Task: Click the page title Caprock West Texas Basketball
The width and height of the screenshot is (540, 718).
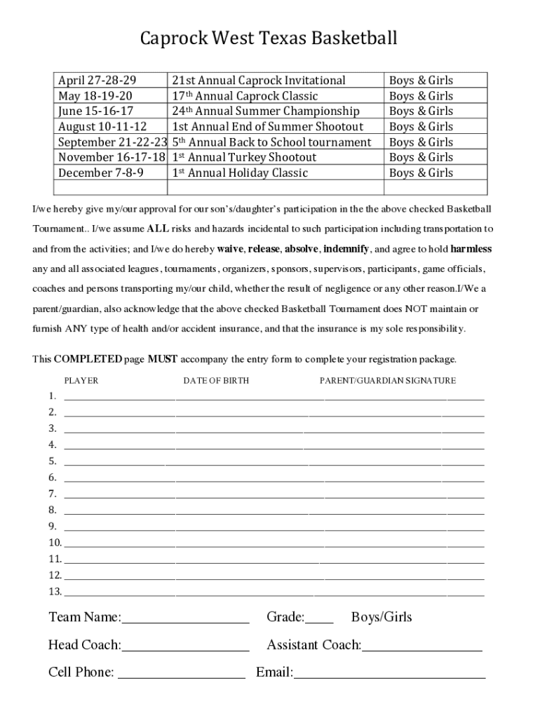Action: pyautogui.click(x=269, y=38)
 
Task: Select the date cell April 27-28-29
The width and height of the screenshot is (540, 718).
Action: pyautogui.click(x=97, y=81)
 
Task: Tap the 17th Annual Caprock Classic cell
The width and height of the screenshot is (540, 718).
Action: pyautogui.click(x=245, y=96)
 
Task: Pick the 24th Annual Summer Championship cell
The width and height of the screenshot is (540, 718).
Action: pyautogui.click(x=266, y=111)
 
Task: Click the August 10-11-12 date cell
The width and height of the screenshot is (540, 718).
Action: pyautogui.click(x=102, y=127)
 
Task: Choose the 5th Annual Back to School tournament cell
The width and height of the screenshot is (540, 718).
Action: pyautogui.click(x=271, y=142)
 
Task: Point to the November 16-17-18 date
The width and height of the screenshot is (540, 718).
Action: pyautogui.click(x=112, y=158)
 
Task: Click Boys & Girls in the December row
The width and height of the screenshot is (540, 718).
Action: pyautogui.click(x=421, y=173)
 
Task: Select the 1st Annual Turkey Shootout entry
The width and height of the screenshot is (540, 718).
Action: pyautogui.click(x=244, y=158)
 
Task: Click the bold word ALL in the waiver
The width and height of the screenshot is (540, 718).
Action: pyautogui.click(x=158, y=229)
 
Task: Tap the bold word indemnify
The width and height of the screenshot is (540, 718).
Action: pyautogui.click(x=346, y=249)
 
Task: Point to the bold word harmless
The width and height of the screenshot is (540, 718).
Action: pyautogui.click(x=471, y=249)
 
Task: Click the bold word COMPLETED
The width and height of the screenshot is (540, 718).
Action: pyautogui.click(x=88, y=360)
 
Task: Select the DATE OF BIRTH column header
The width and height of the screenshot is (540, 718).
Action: pyautogui.click(x=216, y=381)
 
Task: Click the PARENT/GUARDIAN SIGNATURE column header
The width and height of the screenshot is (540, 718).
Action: pyautogui.click(x=388, y=381)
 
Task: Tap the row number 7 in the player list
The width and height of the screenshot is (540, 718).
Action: pyautogui.click(x=53, y=494)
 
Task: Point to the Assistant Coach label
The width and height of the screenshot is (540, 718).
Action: pyautogui.click(x=313, y=645)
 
